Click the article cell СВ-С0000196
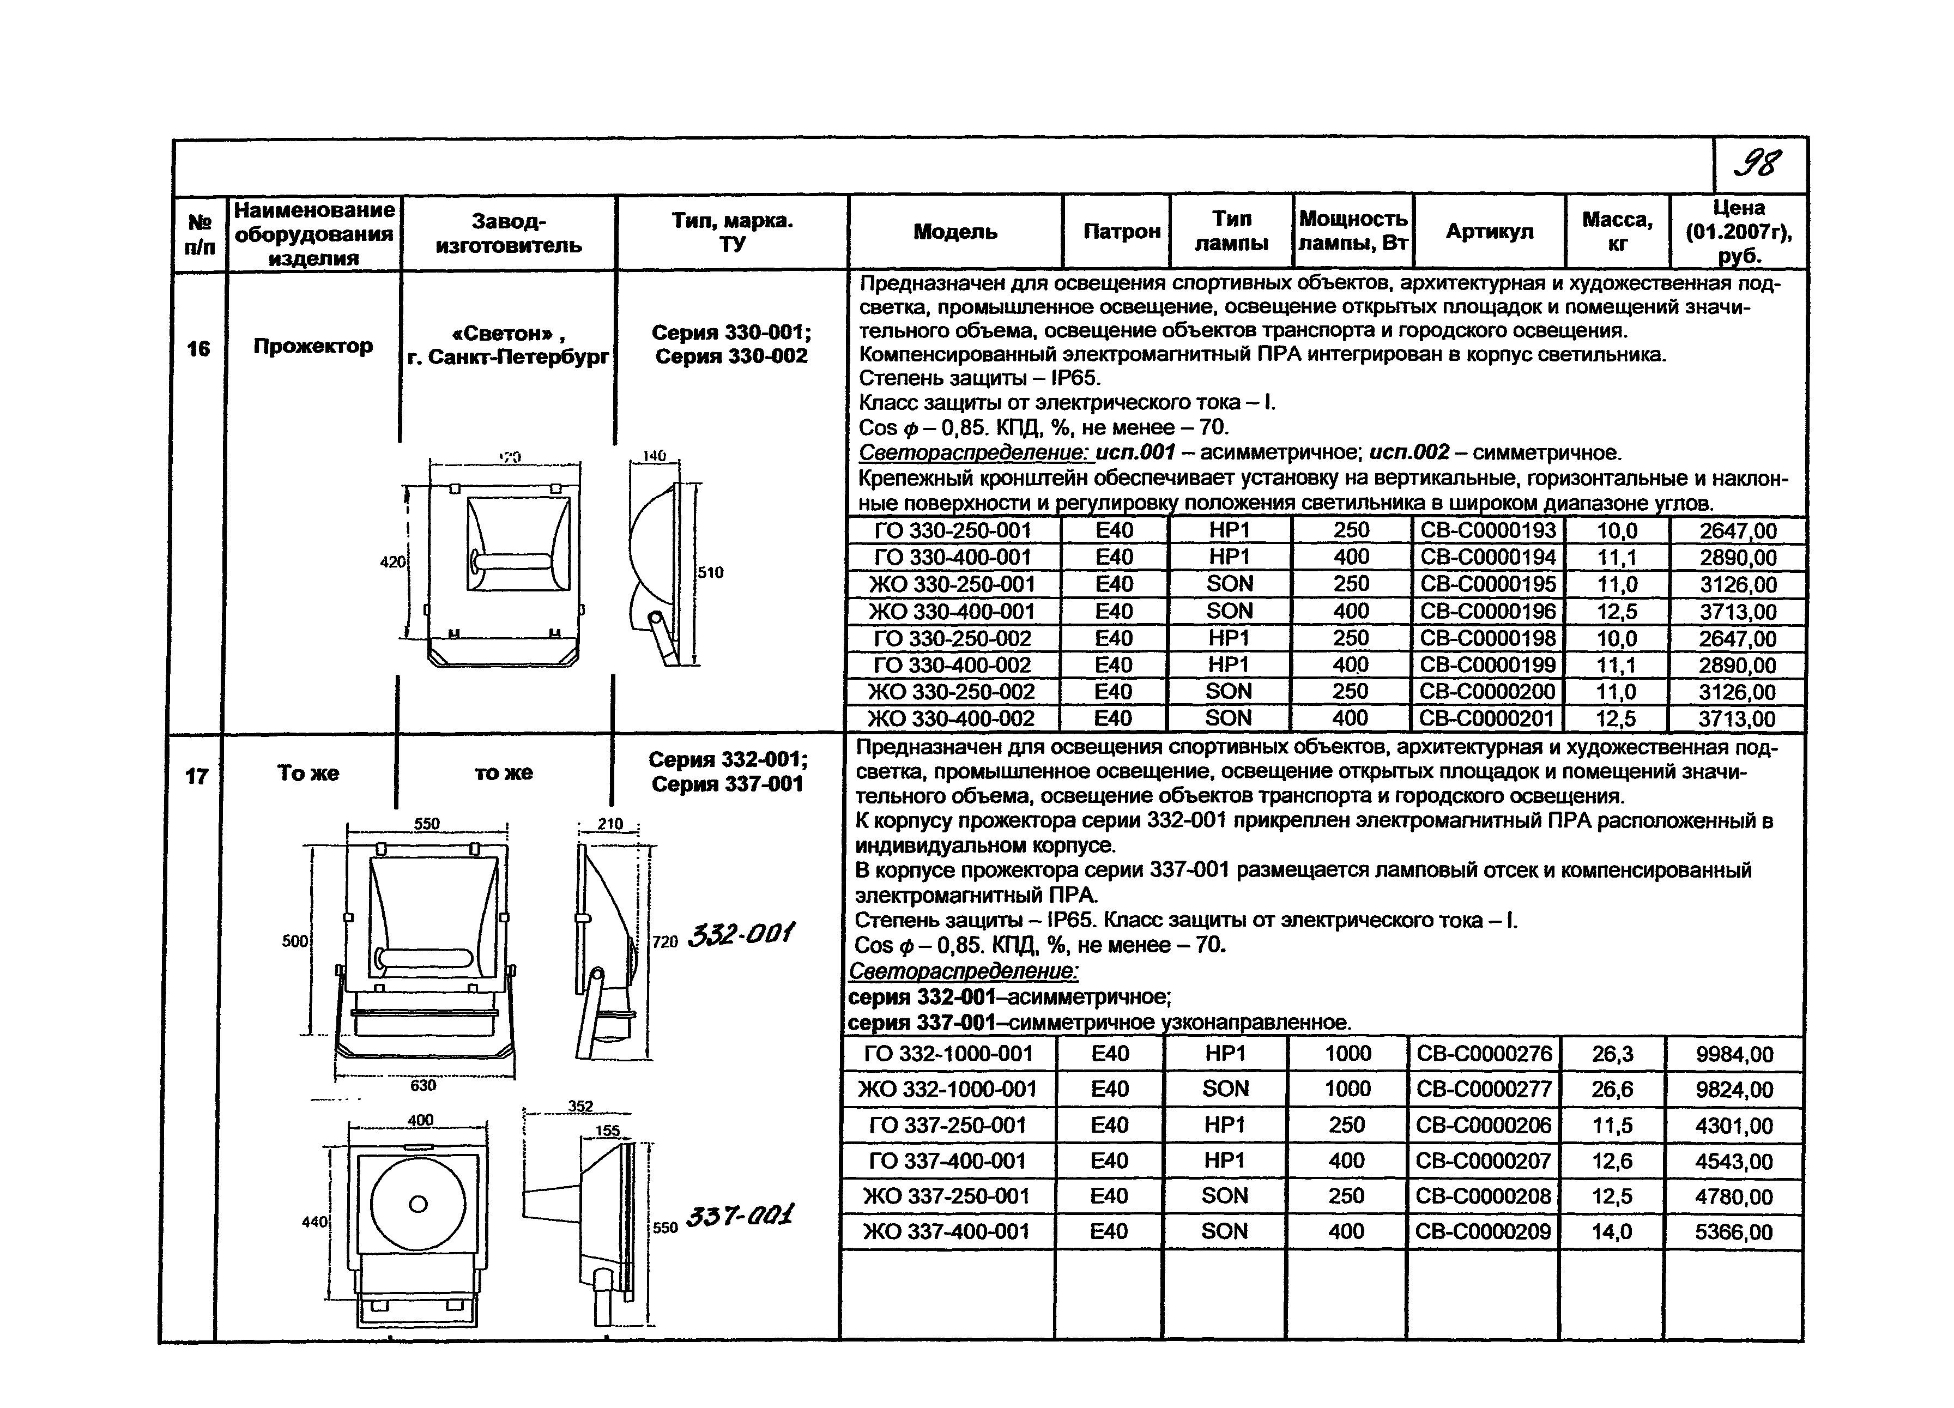point(1488,611)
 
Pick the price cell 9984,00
point(1734,1054)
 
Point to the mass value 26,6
point(1612,1089)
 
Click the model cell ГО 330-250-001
point(952,530)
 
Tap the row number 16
point(198,348)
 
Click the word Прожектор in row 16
point(313,346)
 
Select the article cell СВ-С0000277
point(1484,1089)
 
